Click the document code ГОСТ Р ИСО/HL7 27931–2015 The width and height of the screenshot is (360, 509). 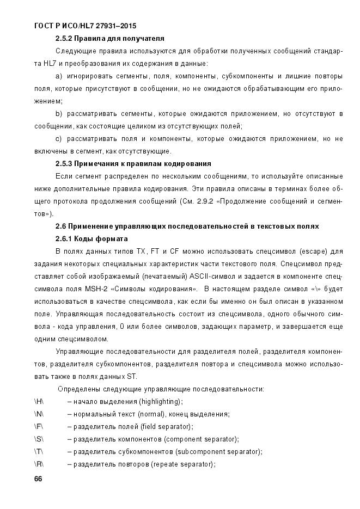click(x=85, y=26)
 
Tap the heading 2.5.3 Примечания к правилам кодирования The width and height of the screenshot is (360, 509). click(x=133, y=163)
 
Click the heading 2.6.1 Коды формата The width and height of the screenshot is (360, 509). click(x=91, y=238)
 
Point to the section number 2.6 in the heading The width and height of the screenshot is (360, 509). click(x=62, y=226)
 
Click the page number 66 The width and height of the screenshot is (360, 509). click(x=38, y=479)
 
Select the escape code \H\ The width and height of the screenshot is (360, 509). click(x=39, y=401)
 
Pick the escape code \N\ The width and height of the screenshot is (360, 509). click(x=39, y=414)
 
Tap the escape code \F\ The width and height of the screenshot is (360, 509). click(x=38, y=426)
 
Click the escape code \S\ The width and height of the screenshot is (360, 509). click(x=39, y=439)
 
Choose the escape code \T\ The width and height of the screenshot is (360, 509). click(x=38, y=451)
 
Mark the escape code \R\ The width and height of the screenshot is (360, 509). click(x=39, y=464)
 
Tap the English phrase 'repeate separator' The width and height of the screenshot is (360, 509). click(x=182, y=464)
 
